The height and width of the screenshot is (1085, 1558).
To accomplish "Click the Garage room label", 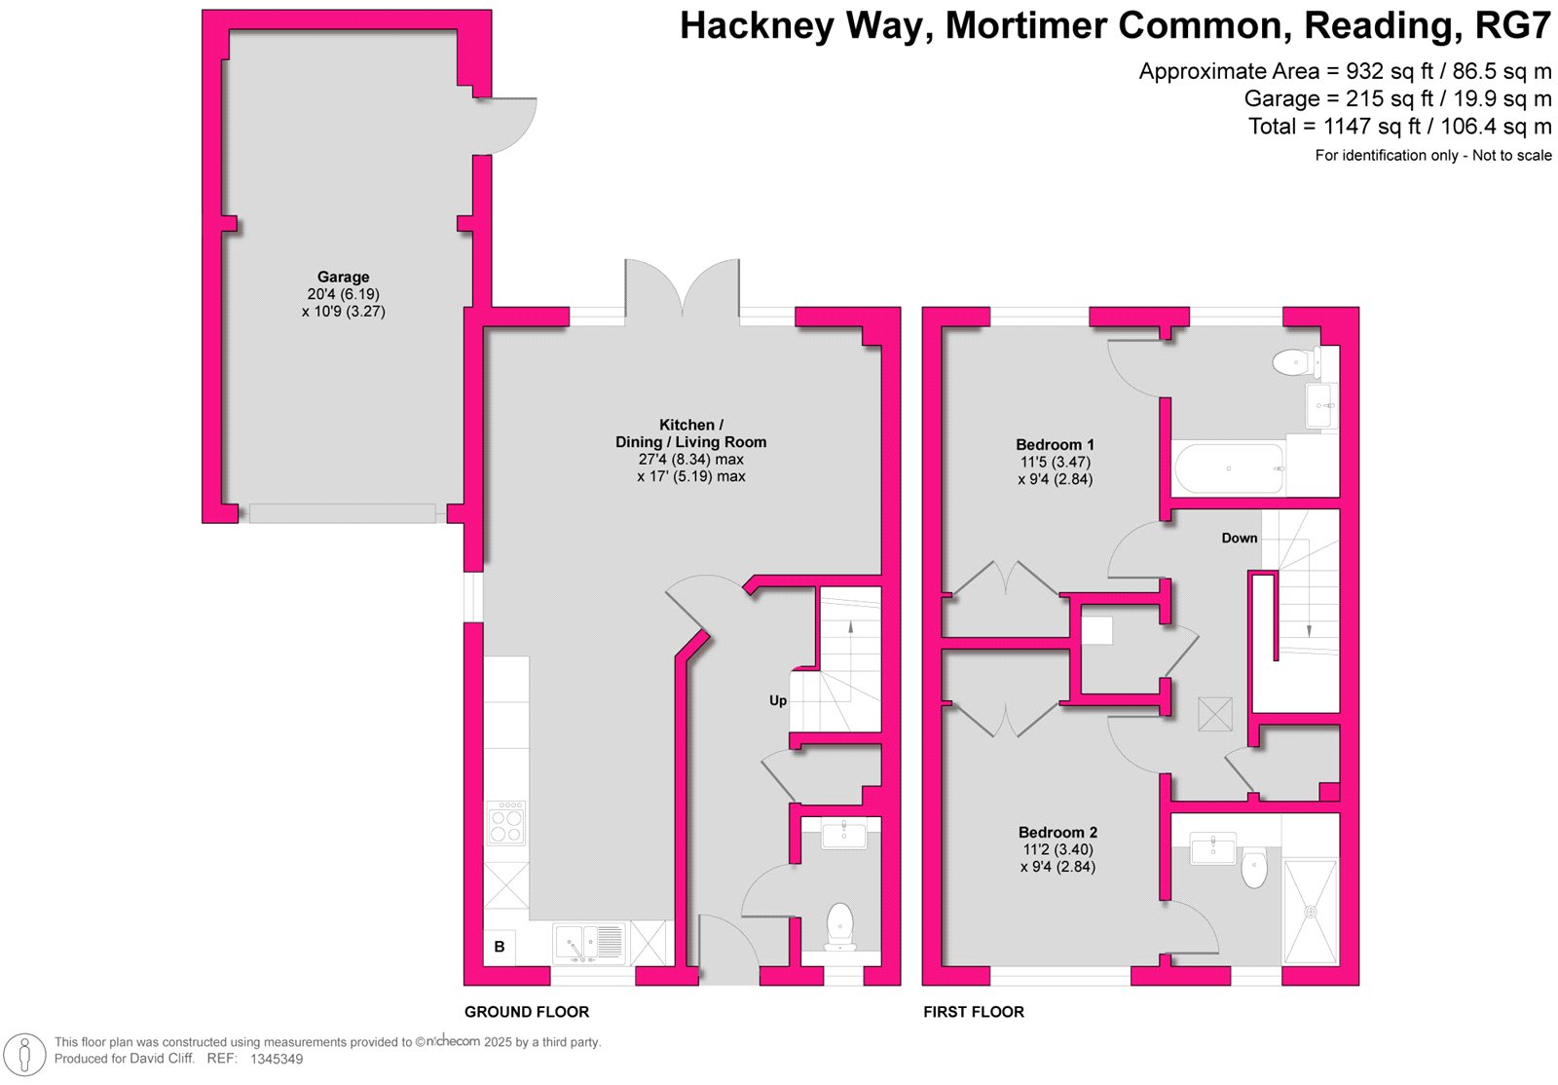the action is click(x=343, y=277).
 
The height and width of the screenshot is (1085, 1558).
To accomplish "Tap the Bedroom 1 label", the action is click(x=1055, y=444).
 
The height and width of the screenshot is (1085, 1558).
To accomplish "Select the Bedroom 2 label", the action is click(x=1057, y=832).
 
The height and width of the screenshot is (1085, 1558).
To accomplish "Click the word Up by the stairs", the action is click(x=778, y=700).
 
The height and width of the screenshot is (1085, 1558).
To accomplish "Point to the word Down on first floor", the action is click(x=1240, y=538).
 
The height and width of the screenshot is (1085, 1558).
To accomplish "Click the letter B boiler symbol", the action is click(x=500, y=947).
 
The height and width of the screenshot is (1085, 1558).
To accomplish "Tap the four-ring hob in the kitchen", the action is click(x=506, y=823).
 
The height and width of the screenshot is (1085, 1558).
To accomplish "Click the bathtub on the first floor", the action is click(x=1229, y=468).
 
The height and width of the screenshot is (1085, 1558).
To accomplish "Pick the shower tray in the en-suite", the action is click(x=1311, y=912).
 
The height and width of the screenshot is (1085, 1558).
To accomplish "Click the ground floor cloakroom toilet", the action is click(x=840, y=926).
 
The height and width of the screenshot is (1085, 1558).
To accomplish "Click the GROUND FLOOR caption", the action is click(x=527, y=1012).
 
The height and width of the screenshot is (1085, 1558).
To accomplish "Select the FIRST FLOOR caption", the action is click(x=974, y=1012).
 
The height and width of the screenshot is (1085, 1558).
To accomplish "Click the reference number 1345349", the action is click(x=277, y=1060).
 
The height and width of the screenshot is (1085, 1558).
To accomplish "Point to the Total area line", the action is click(x=1399, y=127).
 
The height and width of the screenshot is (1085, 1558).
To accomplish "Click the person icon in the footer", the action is click(x=25, y=1055).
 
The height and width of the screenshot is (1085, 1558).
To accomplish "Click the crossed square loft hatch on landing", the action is click(x=1215, y=714).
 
